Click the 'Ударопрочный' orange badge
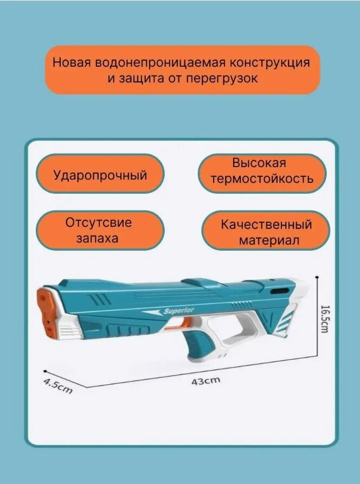pyautogui.click(x=100, y=175)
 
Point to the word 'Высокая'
pyautogui.click(x=259, y=163)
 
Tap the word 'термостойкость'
pyautogui.click(x=262, y=179)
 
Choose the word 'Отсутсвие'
pyautogui.click(x=99, y=222)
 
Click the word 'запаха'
pyautogui.click(x=97, y=238)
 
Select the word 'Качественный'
pyautogui.click(x=266, y=225)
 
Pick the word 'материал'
pyautogui.click(x=269, y=240)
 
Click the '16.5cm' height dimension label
pyautogui.click(x=324, y=320)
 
